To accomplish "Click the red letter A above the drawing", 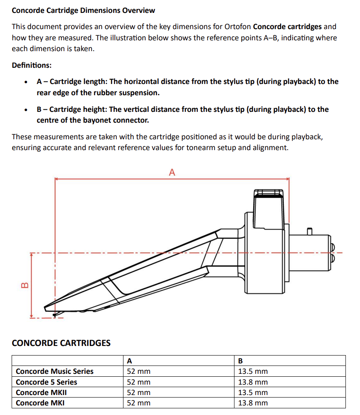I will (x=172, y=172).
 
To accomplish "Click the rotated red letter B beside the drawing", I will (x=24, y=285).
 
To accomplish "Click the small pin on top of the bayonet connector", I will (x=309, y=230).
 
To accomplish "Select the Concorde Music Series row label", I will (x=54, y=371).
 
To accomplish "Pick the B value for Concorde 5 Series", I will (x=253, y=382).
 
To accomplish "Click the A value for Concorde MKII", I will (x=138, y=393).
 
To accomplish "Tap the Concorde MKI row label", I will (x=40, y=403).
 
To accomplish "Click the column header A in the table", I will (x=129, y=361).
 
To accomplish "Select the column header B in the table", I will (x=240, y=361).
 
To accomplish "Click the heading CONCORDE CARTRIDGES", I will (x=61, y=343).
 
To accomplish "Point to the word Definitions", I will (x=32, y=65).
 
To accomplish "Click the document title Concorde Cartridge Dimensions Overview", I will (x=83, y=10).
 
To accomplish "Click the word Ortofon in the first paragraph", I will (x=237, y=27).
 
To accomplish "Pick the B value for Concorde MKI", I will (x=253, y=403).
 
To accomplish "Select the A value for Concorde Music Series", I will (x=138, y=371).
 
